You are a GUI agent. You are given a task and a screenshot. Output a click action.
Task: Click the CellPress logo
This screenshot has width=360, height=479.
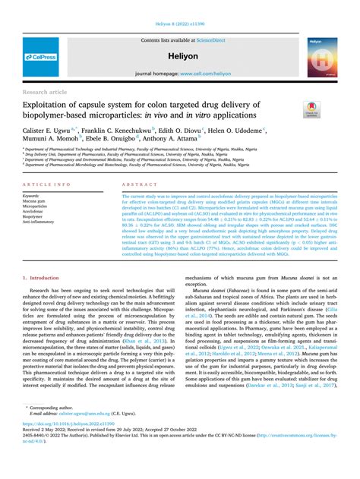[39, 57]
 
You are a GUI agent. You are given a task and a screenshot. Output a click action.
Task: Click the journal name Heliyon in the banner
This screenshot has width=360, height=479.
[180, 56]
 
